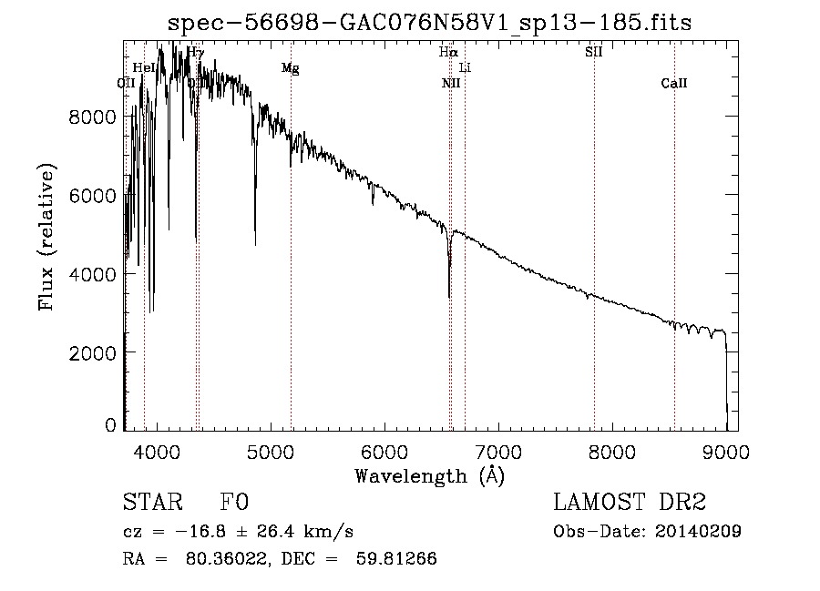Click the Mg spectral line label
[291, 68]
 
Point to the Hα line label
[447, 52]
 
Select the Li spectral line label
[465, 67]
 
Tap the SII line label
[593, 52]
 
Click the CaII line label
[674, 84]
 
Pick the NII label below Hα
[451, 84]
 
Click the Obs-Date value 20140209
[698, 532]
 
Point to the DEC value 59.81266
[398, 559]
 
